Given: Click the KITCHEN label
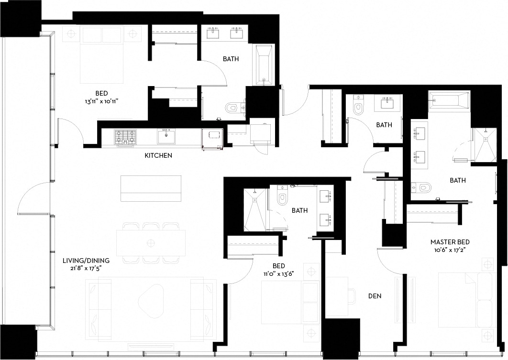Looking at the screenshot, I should (158, 155).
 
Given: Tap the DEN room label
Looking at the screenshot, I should (375, 296).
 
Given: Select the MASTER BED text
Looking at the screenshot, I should (450, 242).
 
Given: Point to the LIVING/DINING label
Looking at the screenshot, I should (86, 261).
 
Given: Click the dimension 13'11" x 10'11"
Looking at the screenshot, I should (101, 101).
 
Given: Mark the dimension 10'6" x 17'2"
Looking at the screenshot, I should (450, 250).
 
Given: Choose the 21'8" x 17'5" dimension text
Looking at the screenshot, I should (86, 269).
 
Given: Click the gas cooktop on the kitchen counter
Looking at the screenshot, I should (125, 137).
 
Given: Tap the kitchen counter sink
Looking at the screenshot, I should (166, 137).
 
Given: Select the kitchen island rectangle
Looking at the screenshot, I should (151, 188).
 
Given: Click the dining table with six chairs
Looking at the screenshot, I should (151, 242).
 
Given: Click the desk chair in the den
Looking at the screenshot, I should (350, 295).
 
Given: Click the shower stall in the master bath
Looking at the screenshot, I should (484, 145).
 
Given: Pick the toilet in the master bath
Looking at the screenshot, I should (423, 187).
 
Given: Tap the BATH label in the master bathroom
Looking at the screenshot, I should (458, 180).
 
